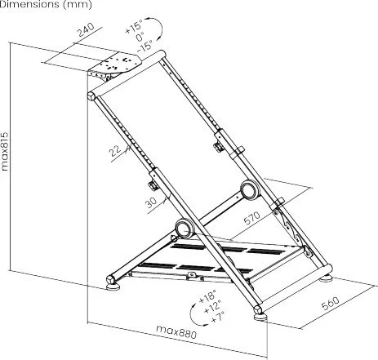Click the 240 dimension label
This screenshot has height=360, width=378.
point(86,29)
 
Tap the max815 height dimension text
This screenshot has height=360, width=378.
point(5,151)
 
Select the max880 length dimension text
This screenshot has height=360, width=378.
point(176,332)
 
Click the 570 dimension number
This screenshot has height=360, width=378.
point(252,218)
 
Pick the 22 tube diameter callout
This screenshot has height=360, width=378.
point(116,151)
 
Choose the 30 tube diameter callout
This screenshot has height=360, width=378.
point(151,202)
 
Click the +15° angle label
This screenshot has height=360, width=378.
point(134,27)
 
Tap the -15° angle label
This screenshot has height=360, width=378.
point(145,46)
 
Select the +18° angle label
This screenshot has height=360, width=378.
point(207,296)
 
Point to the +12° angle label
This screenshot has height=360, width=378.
point(212,307)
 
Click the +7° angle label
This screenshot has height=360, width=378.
point(218,317)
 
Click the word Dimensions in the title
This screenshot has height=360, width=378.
point(29,4)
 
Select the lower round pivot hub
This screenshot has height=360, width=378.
point(185,228)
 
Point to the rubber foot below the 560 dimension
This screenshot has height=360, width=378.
point(260,317)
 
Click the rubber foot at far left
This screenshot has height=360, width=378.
point(113,287)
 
